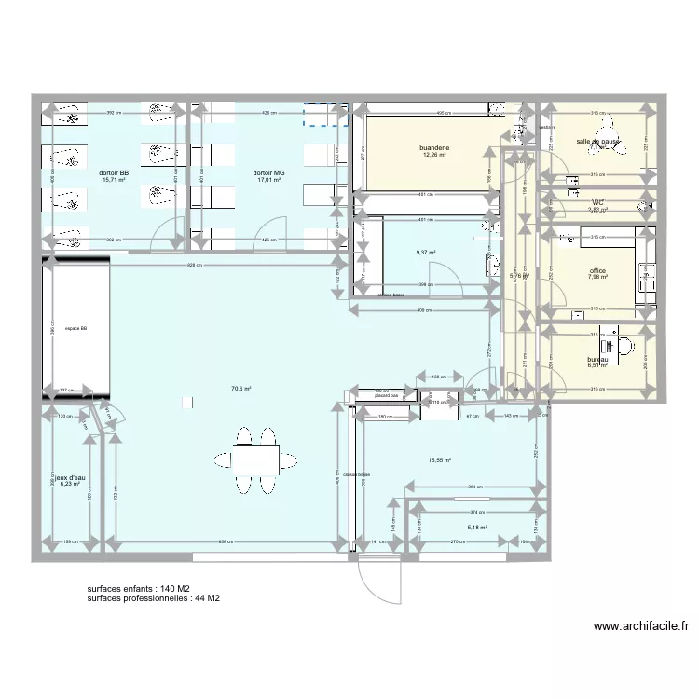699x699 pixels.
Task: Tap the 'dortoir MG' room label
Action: (268, 173)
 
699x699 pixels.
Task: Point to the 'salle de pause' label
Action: (597, 142)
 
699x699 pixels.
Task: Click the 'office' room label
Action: (597, 270)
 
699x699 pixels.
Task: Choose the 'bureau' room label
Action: (597, 360)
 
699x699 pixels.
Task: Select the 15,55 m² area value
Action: (439, 460)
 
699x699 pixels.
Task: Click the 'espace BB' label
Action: (76, 328)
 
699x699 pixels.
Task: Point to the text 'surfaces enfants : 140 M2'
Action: (139, 589)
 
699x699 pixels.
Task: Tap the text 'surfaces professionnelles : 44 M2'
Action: (153, 599)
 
